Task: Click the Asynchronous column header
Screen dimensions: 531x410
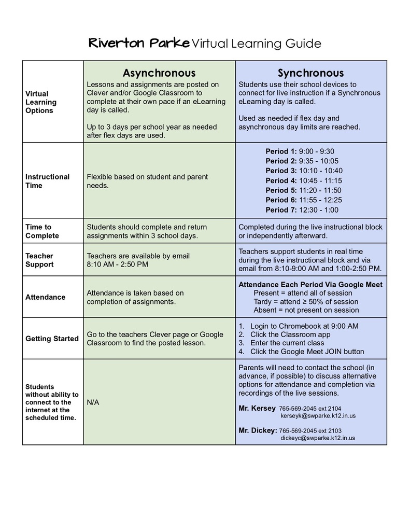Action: [x=159, y=73]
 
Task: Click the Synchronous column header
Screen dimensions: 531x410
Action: [x=310, y=73]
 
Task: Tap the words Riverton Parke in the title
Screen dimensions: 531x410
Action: [x=138, y=43]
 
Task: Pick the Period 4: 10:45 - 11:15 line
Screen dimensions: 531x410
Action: [x=303, y=180]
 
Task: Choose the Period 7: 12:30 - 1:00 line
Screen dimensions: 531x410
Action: [x=302, y=210]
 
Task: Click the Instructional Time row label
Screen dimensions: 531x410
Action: [x=47, y=181]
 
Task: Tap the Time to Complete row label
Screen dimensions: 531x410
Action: [x=42, y=231]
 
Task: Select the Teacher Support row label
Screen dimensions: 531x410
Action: [x=39, y=260]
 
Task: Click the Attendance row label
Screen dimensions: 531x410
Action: [x=46, y=297]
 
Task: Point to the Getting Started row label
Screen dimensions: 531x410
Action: [x=52, y=339]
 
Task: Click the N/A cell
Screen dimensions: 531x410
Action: [x=93, y=402]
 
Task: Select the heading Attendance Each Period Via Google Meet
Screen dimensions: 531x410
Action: [x=310, y=285]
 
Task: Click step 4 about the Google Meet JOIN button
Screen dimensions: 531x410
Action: [x=307, y=352]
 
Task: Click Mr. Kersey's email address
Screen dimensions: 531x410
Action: [x=318, y=416]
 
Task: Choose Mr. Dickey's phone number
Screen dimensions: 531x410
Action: [x=310, y=430]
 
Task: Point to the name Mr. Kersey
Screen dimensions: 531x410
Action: [x=257, y=408]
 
